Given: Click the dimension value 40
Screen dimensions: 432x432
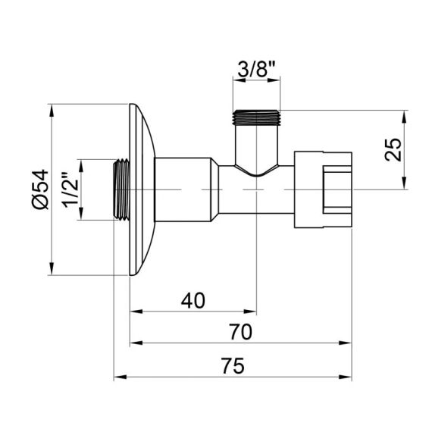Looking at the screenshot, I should (193, 300).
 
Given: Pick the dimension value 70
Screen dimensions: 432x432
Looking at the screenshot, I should (240, 332).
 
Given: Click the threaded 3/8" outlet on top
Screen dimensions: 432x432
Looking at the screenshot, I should (256, 117).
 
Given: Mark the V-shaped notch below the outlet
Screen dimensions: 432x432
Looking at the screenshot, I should (256, 172).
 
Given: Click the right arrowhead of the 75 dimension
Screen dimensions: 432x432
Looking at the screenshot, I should (349, 377).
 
